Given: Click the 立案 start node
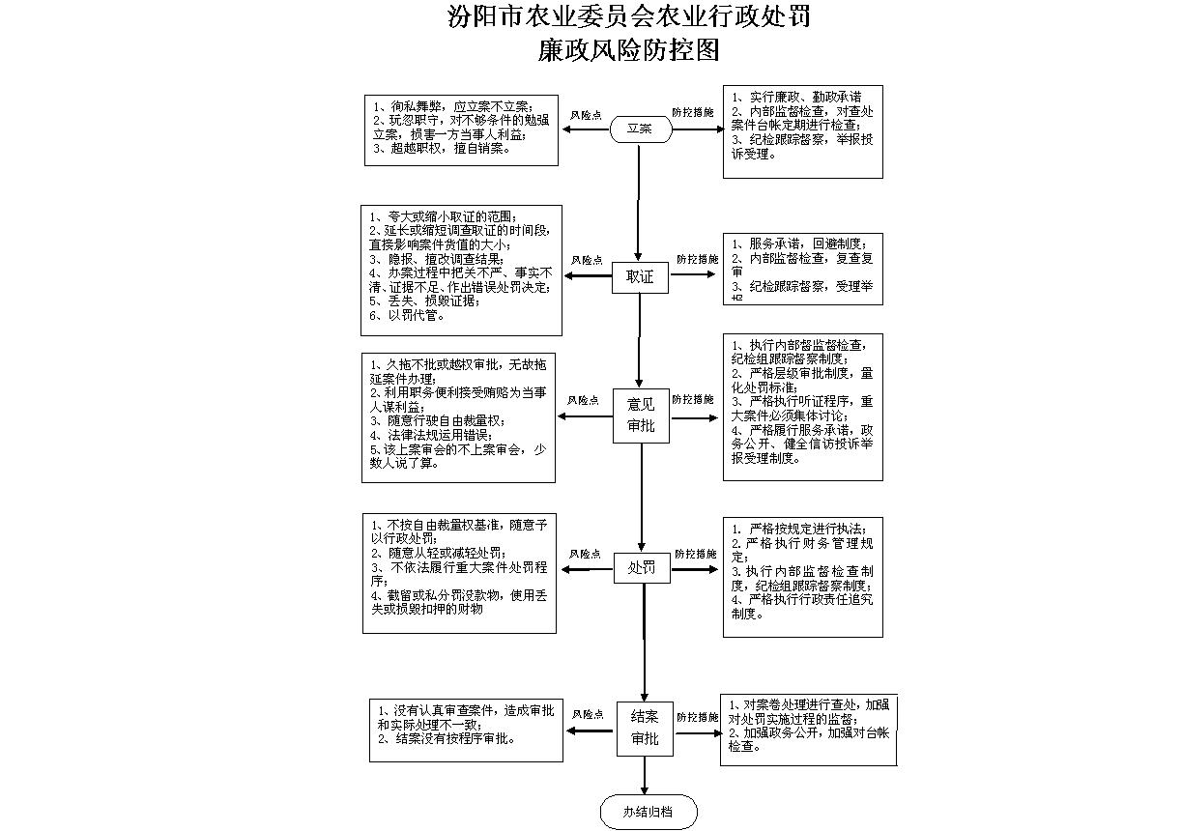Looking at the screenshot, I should [640, 128].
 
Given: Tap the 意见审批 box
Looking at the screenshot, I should [641, 416].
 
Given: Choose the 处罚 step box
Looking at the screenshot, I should [643, 569].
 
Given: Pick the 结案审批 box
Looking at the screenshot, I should [645, 729].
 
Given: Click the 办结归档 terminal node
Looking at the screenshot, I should [648, 812].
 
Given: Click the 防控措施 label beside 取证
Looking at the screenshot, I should [697, 259].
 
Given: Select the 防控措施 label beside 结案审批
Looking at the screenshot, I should [696, 717].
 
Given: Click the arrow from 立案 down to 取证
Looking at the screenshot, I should [639, 203].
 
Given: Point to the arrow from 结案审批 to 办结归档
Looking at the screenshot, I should [646, 777].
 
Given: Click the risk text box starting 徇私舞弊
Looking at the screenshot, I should [461, 129].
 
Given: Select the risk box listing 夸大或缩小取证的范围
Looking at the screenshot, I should [461, 270].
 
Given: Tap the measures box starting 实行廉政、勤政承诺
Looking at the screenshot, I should [802, 131].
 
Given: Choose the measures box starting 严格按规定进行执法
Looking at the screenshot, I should [802, 577].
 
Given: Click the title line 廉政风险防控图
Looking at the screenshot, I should [629, 49].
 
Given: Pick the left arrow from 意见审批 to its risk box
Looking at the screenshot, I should [586, 416].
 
